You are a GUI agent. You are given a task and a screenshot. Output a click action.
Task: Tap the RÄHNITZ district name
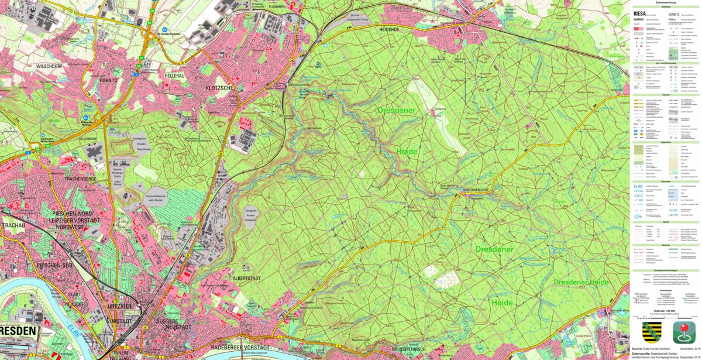click(x=109, y=80)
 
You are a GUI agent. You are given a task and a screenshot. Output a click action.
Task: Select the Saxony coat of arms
click(x=652, y=332)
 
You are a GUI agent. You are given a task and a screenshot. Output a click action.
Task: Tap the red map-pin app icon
click(x=684, y=332)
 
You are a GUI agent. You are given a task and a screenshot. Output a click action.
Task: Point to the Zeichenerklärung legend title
click(x=666, y=2)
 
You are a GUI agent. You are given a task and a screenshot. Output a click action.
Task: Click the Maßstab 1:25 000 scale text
click(x=666, y=311)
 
